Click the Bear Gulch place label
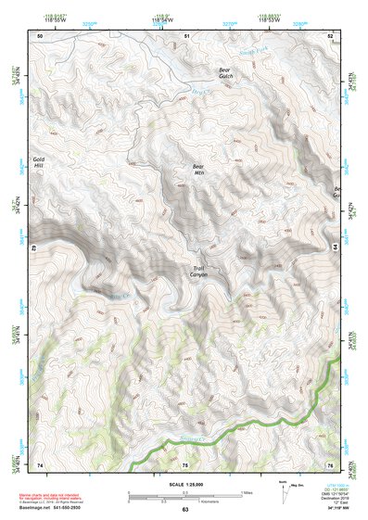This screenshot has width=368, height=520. tap(223, 73)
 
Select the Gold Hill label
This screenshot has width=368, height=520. tap(39, 163)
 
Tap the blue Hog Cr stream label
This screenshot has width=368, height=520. tap(198, 92)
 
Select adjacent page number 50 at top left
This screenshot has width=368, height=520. tap(39, 35)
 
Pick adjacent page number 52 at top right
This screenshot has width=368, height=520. tap(331, 35)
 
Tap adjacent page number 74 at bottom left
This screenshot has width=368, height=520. tap(39, 463)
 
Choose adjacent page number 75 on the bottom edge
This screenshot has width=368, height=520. tap(184, 463)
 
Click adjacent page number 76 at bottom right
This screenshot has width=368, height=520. tap(331, 463)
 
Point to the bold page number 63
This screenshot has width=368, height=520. tap(184, 509)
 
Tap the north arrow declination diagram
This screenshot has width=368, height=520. tap(283, 493)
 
